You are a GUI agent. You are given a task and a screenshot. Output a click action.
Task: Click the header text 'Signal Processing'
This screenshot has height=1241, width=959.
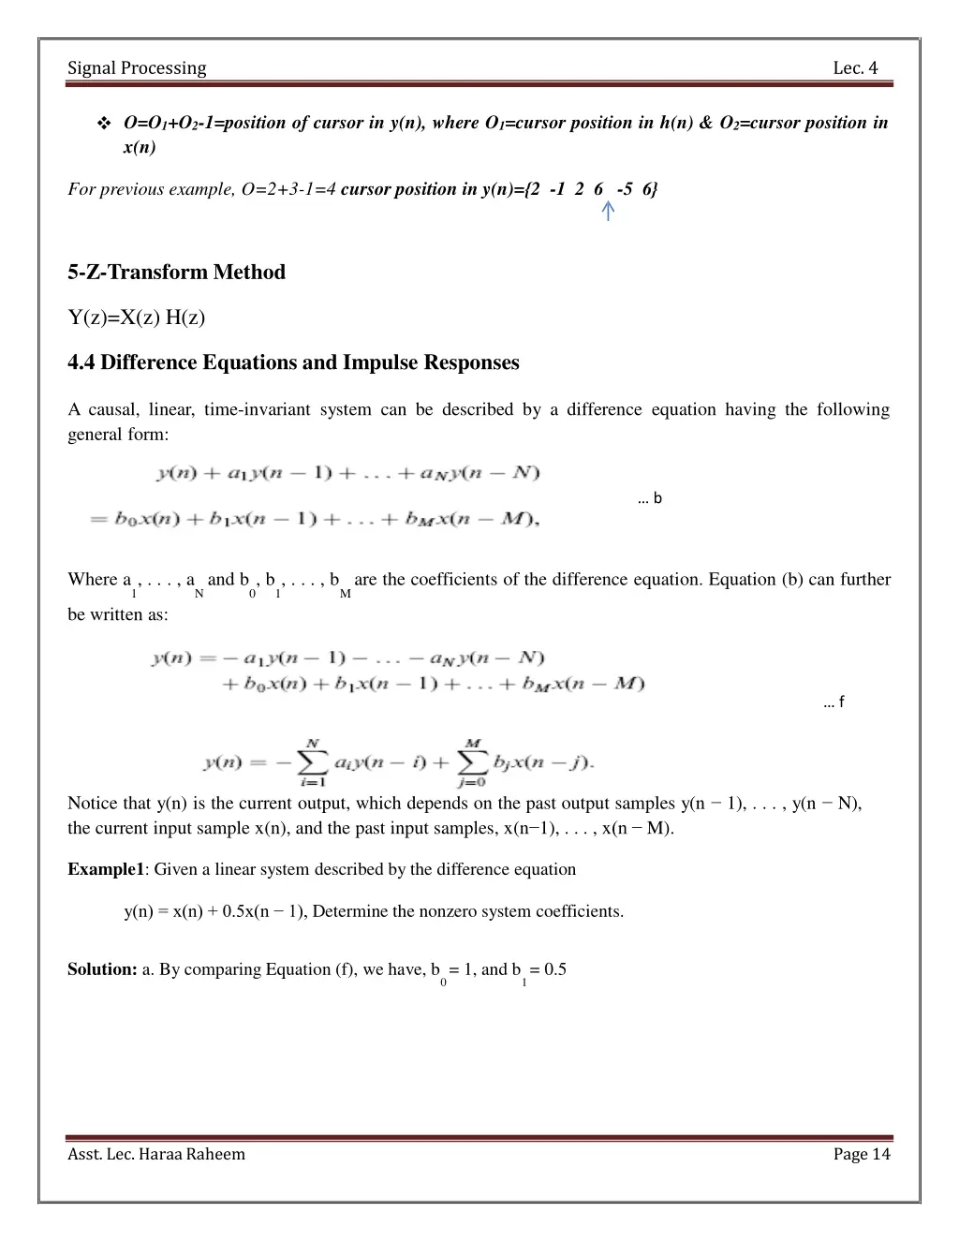pos(137,67)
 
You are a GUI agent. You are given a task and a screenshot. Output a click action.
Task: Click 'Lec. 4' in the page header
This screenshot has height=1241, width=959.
pos(855,67)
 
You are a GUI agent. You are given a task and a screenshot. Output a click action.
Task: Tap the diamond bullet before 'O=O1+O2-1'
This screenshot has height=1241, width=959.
pos(103,124)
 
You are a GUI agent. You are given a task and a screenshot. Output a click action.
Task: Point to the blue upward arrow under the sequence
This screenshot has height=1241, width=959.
pos(608,212)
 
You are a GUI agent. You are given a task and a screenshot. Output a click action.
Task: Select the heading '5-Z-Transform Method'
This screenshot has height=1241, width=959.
pos(176,273)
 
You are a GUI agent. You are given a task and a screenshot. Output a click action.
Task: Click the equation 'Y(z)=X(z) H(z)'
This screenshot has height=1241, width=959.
pos(137,318)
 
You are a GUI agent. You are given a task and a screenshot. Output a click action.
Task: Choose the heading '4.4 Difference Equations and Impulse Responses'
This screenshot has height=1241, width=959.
pos(293,362)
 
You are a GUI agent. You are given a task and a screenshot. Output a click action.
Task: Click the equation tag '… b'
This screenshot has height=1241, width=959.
pos(649,498)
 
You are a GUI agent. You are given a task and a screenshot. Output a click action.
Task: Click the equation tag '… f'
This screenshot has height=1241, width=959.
pos(834,702)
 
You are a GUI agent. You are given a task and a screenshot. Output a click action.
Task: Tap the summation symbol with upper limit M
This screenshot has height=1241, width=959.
pos(473,761)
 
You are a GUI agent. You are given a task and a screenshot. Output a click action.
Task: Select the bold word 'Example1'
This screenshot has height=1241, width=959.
pos(106,869)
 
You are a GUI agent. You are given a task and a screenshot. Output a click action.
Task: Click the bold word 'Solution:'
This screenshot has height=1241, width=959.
pos(103,969)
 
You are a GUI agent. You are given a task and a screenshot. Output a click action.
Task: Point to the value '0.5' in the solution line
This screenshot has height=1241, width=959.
pos(555,969)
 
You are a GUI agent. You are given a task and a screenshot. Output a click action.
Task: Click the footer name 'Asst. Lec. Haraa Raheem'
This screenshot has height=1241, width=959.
pos(156,1154)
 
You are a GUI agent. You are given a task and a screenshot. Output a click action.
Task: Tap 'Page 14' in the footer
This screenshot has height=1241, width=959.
pos(862,1154)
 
